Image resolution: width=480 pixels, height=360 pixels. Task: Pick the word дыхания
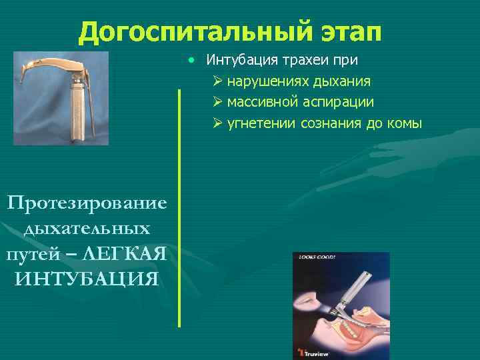[x=341, y=81]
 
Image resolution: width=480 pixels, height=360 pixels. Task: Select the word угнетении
[x=261, y=124]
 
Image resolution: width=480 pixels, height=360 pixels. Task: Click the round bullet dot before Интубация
[x=192, y=60]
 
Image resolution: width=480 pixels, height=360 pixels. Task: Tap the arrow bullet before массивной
[x=218, y=103]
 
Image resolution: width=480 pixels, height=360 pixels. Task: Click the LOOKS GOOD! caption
[x=317, y=257]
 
